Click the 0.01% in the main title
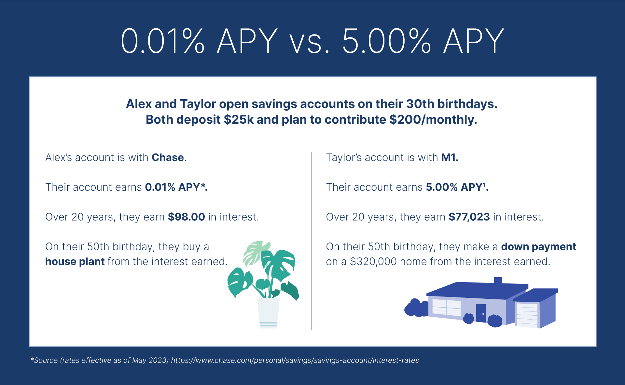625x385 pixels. point(162,41)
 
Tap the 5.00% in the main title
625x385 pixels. point(386,41)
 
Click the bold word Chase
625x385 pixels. point(168,158)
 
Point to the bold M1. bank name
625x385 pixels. point(450,158)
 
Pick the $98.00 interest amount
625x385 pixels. point(186,217)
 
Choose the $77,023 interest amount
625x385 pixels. point(469,217)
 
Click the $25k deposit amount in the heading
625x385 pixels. point(239,119)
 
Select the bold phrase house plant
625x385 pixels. point(75,261)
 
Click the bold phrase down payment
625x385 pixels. point(538,247)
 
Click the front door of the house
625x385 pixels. point(481,313)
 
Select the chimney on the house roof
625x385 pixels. point(498,281)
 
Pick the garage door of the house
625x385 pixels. point(527,315)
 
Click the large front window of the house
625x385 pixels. point(447,307)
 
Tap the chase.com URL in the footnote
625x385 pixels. point(295,360)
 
